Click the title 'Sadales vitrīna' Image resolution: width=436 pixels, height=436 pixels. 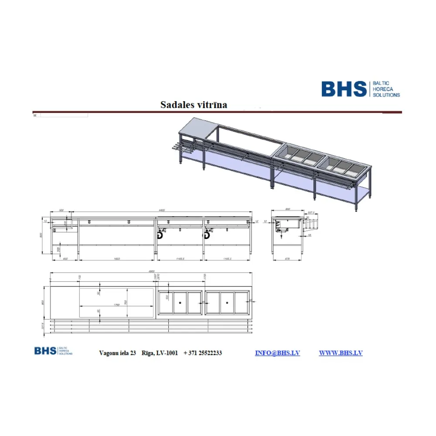[x=194, y=105]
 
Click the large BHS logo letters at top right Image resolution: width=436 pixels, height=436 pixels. [x=344, y=89]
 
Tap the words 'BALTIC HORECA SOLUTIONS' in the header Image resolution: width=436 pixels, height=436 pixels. [x=385, y=89]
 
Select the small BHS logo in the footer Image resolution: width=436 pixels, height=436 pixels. [x=45, y=351]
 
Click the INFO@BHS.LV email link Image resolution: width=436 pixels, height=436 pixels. [x=277, y=353]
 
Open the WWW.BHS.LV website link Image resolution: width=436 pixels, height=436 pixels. [x=341, y=353]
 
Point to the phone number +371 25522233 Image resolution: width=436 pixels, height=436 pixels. [x=203, y=353]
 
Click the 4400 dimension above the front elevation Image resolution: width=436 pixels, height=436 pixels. [x=161, y=211]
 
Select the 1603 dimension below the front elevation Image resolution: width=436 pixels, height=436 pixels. [x=116, y=259]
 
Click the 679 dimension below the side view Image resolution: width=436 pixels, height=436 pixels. [x=287, y=259]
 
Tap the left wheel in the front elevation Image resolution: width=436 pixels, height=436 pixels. [x=160, y=235]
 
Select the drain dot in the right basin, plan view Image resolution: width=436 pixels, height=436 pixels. [x=228, y=301]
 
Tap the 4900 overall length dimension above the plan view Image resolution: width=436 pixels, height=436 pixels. [x=151, y=272]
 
